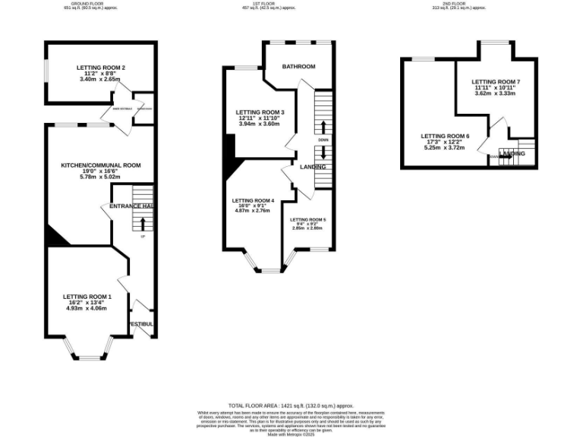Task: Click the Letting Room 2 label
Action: (100, 68)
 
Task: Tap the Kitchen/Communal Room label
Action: (101, 165)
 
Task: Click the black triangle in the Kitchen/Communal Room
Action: (54, 237)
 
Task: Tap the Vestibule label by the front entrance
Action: (141, 324)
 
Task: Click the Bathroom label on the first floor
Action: (298, 67)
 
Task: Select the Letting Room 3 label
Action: (260, 112)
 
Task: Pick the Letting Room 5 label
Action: (308, 219)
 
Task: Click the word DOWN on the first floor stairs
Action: (323, 140)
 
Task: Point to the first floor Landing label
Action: (313, 167)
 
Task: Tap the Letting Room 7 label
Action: (496, 81)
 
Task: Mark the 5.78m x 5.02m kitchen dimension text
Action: (101, 178)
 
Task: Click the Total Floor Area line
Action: (291, 406)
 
